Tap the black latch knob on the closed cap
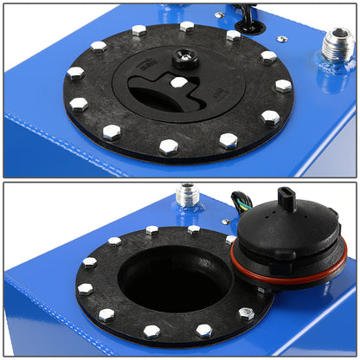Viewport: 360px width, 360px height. coord(183,59)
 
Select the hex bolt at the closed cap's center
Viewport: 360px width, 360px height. coord(178,82)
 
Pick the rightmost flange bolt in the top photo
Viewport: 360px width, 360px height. coord(283,86)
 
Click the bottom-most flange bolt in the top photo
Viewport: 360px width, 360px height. coord(169,147)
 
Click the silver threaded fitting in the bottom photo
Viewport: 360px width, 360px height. coord(187,195)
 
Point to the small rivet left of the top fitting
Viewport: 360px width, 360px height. coord(282,39)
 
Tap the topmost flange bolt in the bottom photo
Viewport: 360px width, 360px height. coord(152,231)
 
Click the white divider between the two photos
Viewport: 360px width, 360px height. coord(180,180)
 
